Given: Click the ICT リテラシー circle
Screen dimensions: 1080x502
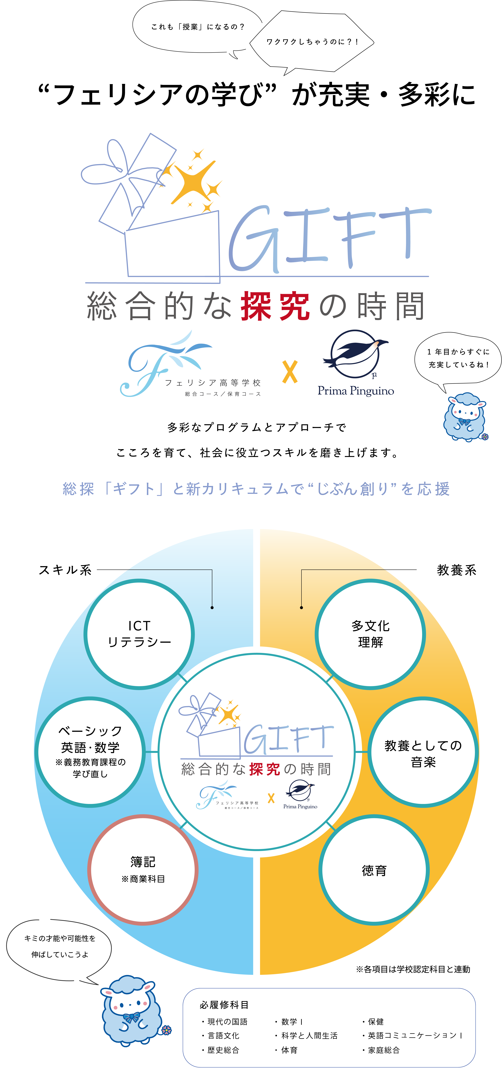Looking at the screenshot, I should tap(139, 634).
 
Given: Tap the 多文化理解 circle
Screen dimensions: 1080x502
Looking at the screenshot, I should tap(370, 634).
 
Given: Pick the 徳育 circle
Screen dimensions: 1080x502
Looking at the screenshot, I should tap(374, 870).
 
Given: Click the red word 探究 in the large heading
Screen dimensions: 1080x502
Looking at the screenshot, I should tap(275, 306).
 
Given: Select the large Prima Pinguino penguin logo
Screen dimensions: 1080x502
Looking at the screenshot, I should tap(355, 354).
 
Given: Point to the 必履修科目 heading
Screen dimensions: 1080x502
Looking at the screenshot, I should tap(224, 1005).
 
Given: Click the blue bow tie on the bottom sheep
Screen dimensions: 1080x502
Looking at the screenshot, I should tap(132, 1017).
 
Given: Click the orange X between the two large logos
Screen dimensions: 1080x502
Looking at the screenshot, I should tap(290, 372).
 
